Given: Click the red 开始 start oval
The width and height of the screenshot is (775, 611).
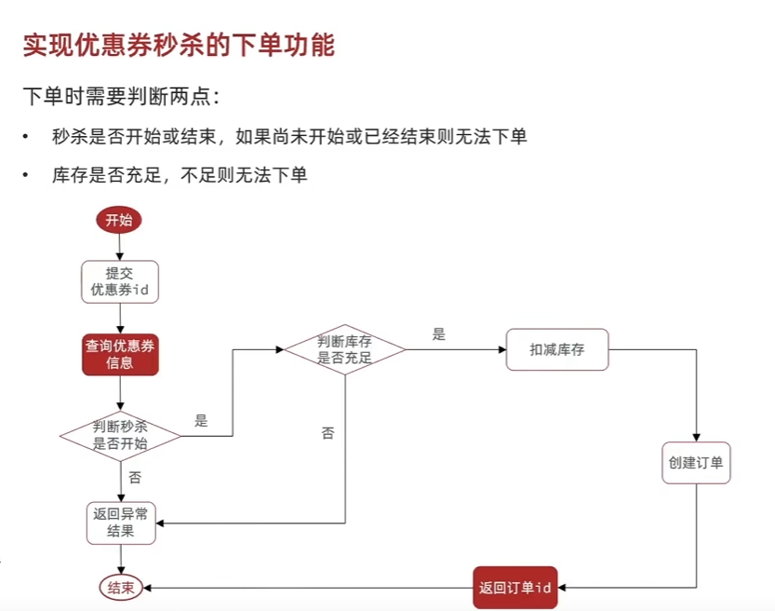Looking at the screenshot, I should (119, 220).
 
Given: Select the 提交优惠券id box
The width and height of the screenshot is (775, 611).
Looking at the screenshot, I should (120, 280).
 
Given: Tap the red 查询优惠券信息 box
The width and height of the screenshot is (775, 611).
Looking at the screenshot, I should (120, 354).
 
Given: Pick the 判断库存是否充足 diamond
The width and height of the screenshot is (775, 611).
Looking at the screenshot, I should (344, 349).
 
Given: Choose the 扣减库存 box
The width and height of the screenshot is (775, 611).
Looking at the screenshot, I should (556, 350).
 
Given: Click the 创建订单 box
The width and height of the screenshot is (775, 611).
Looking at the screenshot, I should (696, 462).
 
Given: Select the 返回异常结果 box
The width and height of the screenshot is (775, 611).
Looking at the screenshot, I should (120, 523).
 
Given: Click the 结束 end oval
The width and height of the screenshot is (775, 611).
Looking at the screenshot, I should (120, 588).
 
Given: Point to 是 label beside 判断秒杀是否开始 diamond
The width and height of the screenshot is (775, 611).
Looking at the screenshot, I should (201, 420).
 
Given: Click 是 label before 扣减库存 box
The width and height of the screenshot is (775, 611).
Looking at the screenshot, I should (439, 334).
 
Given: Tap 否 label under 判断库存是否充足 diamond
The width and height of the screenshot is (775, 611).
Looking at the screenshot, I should (327, 433).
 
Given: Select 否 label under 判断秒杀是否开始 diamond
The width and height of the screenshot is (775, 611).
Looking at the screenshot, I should (135, 478).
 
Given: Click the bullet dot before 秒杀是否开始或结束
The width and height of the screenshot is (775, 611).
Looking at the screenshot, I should (28, 137).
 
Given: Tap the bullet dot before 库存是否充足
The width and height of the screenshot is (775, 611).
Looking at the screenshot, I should (28, 175).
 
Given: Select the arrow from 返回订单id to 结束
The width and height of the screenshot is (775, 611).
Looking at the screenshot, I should (307, 588).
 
